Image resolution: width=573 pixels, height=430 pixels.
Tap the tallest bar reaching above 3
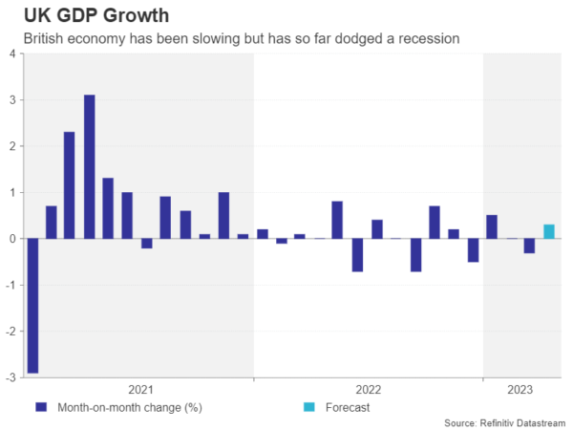(x=89, y=166)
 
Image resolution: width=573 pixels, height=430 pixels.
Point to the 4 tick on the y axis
(x=11, y=54)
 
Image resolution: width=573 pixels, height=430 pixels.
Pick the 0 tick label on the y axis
(x=11, y=239)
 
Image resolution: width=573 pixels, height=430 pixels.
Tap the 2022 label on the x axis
(x=369, y=389)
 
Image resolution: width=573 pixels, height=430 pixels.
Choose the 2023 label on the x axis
(x=520, y=389)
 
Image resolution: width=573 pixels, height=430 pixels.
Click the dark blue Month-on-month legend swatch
(x=40, y=407)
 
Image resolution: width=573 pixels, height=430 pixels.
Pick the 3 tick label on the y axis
(x=11, y=99)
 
